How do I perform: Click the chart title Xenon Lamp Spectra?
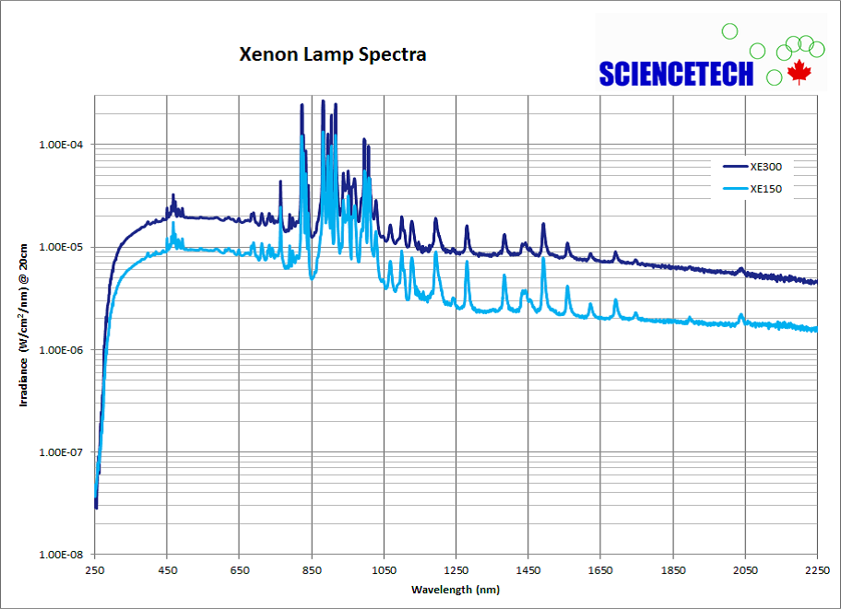coord(333,54)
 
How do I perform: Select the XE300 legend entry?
coord(765,167)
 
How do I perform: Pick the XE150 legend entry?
coord(765,190)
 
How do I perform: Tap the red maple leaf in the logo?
coord(798,72)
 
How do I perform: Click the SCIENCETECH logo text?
coord(676,75)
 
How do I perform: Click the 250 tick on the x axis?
coord(95,570)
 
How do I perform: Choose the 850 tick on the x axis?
coord(312,570)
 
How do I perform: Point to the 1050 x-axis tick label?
coord(384,570)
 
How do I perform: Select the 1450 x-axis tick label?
coord(528,570)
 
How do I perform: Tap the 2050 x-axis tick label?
coord(745,570)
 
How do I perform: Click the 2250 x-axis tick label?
coord(817,570)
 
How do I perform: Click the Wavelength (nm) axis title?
coord(456,589)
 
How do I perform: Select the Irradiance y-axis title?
coord(25,325)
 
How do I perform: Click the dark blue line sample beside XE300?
coord(735,167)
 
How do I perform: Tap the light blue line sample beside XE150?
coord(735,190)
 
